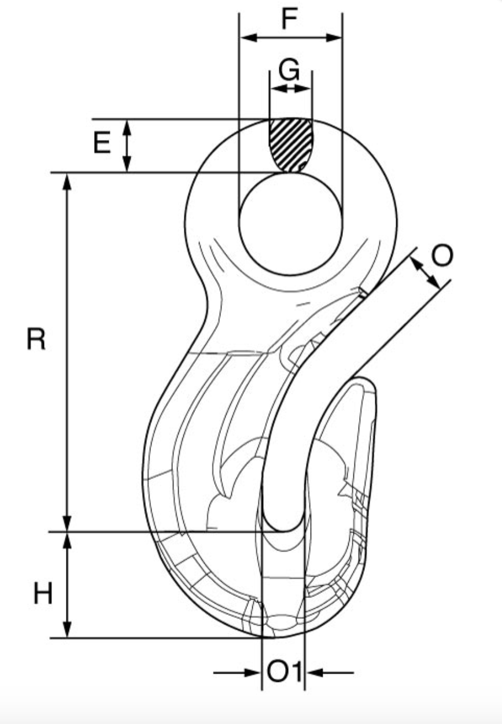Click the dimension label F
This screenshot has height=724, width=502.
(289, 19)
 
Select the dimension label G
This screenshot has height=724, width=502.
(289, 71)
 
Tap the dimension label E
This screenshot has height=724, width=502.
(102, 143)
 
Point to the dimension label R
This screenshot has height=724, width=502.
(36, 340)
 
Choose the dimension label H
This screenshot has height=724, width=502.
(42, 594)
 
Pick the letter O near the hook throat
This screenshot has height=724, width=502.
(442, 256)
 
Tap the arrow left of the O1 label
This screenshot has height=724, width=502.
(250, 673)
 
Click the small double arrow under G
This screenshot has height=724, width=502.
(290, 88)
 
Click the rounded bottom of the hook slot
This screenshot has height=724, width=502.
(283, 523)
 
